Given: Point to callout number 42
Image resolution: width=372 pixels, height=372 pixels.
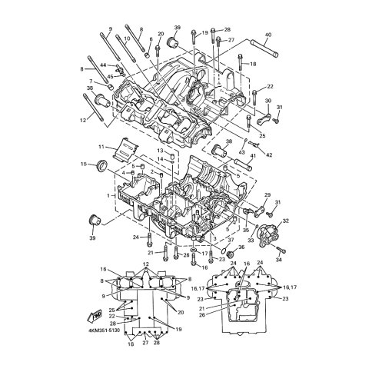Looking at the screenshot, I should point(269,154).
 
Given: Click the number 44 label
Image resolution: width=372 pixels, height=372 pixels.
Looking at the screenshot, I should point(103,65).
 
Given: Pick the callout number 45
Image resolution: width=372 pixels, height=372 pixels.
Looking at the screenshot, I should point(111,76).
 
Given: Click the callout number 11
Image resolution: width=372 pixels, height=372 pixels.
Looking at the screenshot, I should point(101,146).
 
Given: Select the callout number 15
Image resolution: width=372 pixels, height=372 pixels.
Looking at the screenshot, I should point(85,164).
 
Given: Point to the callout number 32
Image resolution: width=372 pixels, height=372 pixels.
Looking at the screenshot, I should point(286,221).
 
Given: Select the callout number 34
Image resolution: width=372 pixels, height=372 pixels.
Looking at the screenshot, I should point(280,259).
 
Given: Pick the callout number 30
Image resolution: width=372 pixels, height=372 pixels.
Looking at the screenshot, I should point(267,101).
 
